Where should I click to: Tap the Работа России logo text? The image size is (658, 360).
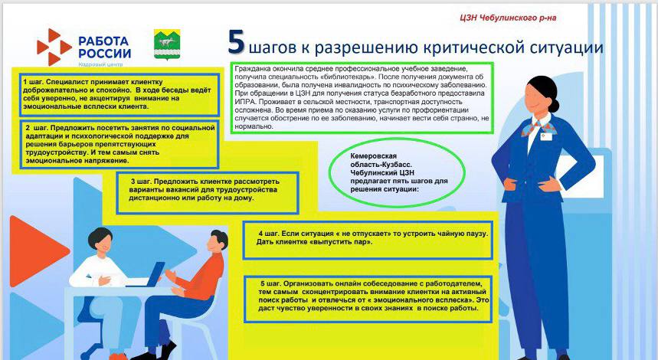(104, 47)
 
